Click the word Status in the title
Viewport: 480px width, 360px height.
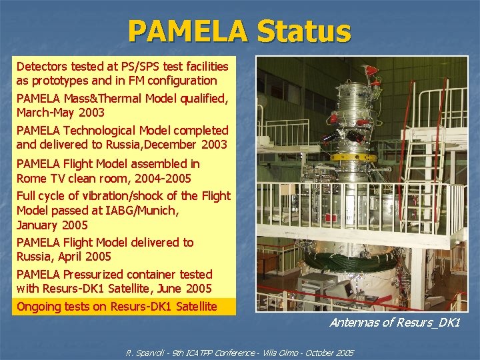pos(303,31)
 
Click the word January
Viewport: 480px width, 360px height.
pos(39,225)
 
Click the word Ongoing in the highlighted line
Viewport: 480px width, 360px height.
pos(39,307)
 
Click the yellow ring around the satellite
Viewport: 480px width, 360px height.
pos(354,157)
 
